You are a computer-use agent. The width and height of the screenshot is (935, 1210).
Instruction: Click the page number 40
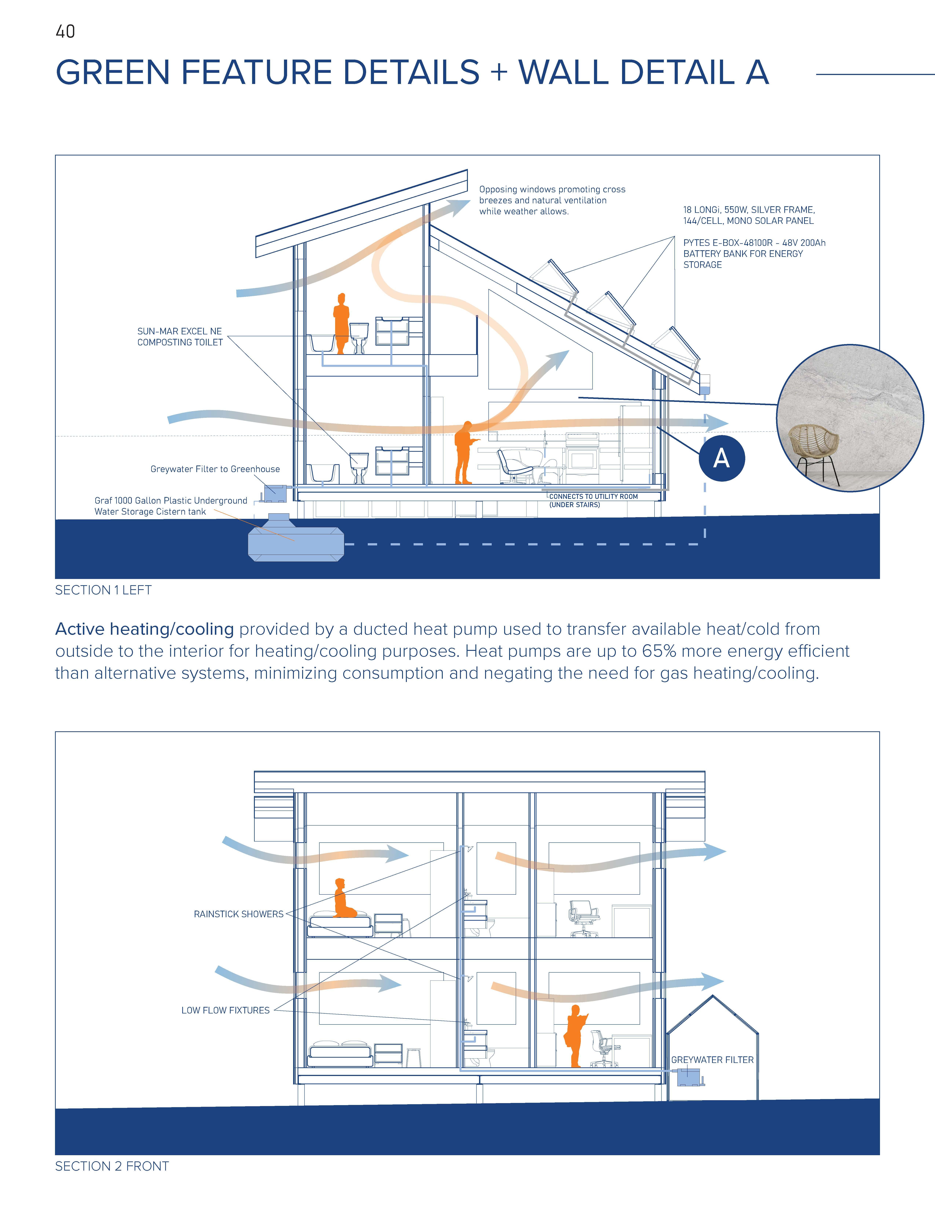[x=65, y=32]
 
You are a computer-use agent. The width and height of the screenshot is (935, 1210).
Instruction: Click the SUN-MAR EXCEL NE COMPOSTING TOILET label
[x=180, y=337]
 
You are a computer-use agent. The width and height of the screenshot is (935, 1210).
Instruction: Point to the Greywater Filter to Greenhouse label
[x=215, y=469]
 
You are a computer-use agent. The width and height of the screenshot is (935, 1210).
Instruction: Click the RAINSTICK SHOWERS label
[x=238, y=914]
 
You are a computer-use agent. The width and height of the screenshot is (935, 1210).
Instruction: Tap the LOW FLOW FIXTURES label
[x=225, y=1010]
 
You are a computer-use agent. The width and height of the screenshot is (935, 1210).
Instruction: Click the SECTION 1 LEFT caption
[x=103, y=590]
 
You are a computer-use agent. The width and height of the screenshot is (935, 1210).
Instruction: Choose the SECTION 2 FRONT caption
[x=112, y=1166]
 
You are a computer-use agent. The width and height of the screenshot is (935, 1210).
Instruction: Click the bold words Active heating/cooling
[x=145, y=629]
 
